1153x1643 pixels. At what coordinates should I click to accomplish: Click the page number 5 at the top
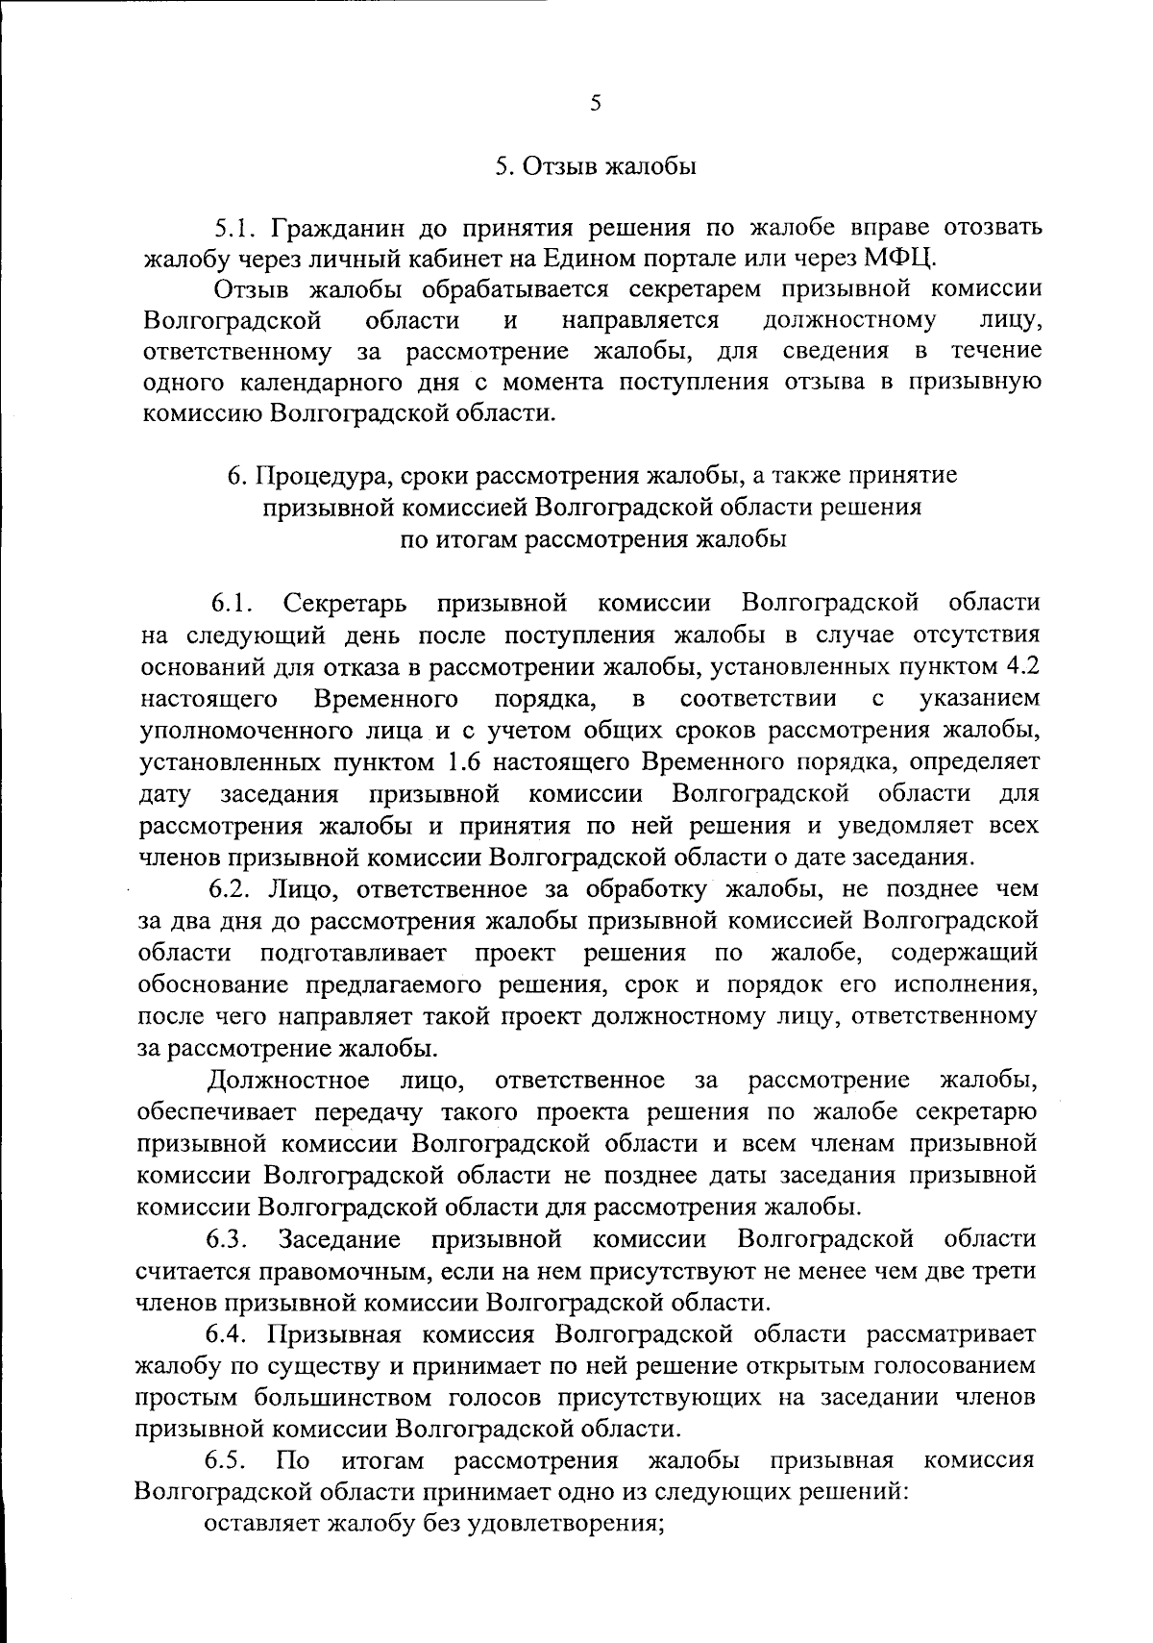[596, 103]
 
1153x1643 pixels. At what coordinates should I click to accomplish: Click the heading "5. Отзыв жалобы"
[596, 166]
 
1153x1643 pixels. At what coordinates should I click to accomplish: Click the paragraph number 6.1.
[233, 603]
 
